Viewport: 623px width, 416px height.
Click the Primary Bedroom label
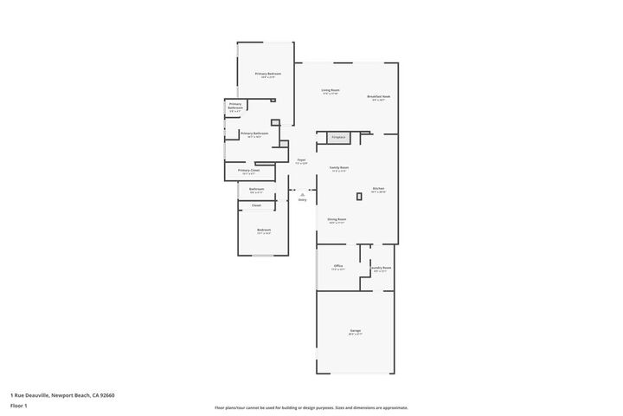[x=267, y=75]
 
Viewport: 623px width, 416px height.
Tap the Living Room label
[x=330, y=90]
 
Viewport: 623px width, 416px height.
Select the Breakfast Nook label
[x=378, y=97]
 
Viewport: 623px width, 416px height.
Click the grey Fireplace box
[x=338, y=137]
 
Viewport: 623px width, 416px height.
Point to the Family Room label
[x=338, y=167]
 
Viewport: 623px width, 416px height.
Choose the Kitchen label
[x=378, y=189]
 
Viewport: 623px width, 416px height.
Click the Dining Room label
[x=337, y=220]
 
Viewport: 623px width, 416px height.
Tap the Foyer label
[x=301, y=160]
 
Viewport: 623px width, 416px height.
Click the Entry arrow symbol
[x=302, y=195]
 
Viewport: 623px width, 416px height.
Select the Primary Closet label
[x=248, y=171]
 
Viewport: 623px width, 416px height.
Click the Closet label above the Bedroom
[x=256, y=205]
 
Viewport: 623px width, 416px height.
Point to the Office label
[x=338, y=266]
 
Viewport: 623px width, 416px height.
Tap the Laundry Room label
[x=380, y=269]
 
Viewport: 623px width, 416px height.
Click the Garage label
[x=355, y=331]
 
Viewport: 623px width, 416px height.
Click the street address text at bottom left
[x=62, y=395]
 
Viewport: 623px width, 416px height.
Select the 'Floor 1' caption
[x=19, y=406]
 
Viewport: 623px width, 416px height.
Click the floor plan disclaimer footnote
[x=311, y=407]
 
